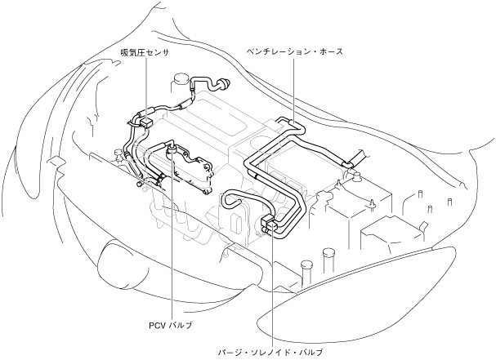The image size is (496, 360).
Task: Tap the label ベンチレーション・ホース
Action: click(294, 51)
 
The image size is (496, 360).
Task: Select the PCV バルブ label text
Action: click(171, 325)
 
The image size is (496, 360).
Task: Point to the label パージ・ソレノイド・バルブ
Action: click(269, 352)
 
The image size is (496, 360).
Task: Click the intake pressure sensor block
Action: click(145, 122)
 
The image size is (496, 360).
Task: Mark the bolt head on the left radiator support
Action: click(141, 184)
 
